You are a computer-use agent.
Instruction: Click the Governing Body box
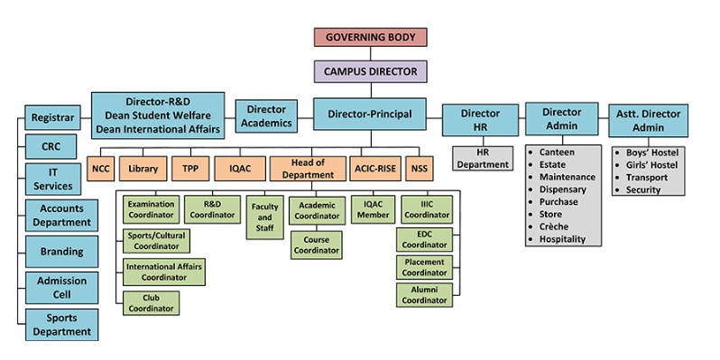tap(371, 37)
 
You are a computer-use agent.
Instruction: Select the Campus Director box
tap(371, 70)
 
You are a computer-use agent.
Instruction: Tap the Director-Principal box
tap(369, 114)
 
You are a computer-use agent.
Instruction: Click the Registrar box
tap(52, 117)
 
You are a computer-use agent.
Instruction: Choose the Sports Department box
tap(60, 323)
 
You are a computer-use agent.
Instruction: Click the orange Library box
tap(143, 168)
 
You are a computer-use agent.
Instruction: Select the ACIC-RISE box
tap(374, 168)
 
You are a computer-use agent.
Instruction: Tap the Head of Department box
tap(308, 168)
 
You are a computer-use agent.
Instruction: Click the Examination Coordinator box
tap(151, 210)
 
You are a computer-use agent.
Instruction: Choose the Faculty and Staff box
tap(264, 218)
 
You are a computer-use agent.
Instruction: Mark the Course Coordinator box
tap(316, 245)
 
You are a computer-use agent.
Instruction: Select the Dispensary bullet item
tap(562, 189)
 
